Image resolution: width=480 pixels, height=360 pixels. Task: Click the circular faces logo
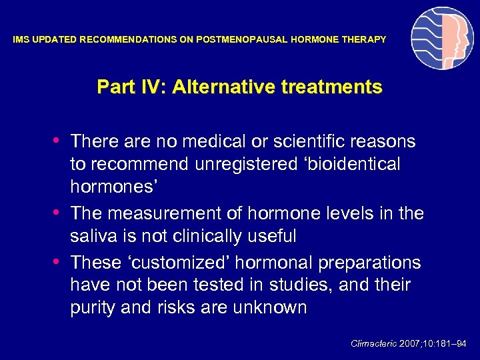click(x=442, y=39)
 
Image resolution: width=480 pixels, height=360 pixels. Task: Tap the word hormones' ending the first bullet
click(x=113, y=187)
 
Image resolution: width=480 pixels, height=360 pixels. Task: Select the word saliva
click(x=92, y=236)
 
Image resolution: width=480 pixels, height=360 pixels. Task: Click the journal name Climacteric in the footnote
click(x=373, y=344)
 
